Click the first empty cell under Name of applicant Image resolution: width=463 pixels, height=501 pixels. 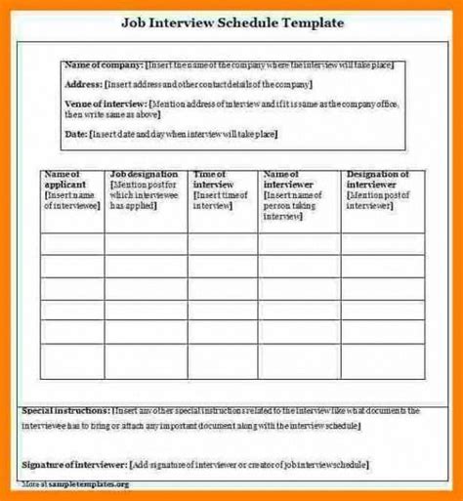[72, 243]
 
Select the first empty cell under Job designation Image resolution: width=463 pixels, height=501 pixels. [147, 243]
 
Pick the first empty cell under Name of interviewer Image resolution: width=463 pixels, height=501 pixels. [300, 243]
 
